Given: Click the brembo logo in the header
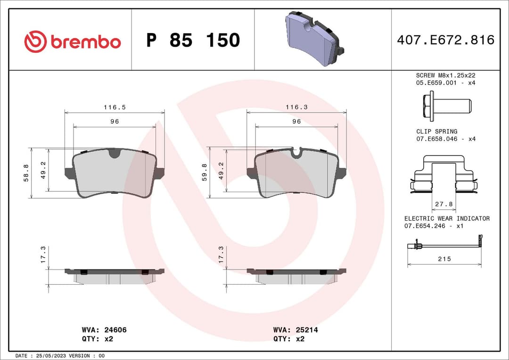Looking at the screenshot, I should (73, 41).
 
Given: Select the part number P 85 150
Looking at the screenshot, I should (193, 41).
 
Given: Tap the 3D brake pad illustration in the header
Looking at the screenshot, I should (315, 39).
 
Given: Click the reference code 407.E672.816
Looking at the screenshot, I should (445, 40).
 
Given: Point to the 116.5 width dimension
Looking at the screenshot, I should (115, 107).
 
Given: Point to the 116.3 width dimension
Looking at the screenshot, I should (296, 107).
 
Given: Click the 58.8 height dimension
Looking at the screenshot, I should (26, 173).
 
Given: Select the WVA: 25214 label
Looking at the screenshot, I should (296, 330).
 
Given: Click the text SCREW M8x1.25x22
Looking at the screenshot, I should (445, 75).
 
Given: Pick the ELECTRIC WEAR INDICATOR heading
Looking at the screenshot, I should (447, 218).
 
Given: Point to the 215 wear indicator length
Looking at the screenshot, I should (444, 259).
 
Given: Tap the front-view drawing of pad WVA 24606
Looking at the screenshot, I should (115, 173).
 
